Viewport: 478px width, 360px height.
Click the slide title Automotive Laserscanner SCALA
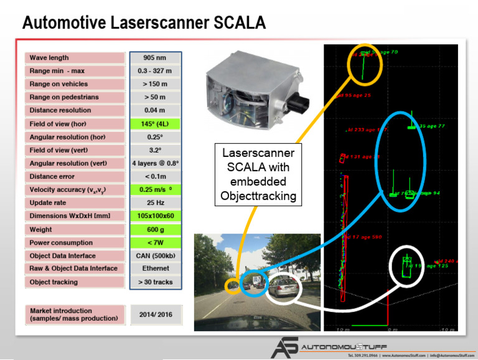(144, 23)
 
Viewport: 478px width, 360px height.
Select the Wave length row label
(75, 57)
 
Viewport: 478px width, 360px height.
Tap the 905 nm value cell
(156, 57)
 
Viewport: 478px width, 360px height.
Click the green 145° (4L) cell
(156, 123)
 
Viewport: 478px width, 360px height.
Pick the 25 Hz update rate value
(156, 203)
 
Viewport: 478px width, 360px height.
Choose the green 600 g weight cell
(156, 230)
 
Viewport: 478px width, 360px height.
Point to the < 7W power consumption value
(156, 243)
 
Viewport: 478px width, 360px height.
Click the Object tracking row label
(75, 282)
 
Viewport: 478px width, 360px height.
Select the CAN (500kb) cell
(156, 256)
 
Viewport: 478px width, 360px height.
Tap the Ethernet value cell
(156, 269)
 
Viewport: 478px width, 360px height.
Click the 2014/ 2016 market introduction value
(156, 315)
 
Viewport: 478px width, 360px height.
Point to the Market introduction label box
(75, 315)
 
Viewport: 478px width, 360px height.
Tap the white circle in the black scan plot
(409, 267)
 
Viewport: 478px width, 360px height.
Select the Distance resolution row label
(75, 110)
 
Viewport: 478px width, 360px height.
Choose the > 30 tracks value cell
(156, 282)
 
